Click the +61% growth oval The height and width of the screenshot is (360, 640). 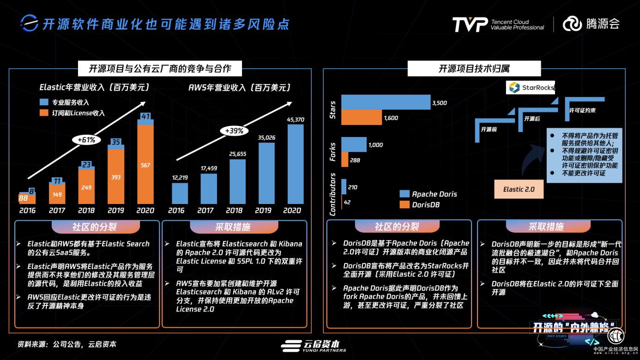pos(86,139)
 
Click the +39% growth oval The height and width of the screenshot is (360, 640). pos(234,131)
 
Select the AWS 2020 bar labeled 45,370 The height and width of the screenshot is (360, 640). pos(296,164)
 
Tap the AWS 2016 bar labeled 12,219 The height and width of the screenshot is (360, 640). pos(180,193)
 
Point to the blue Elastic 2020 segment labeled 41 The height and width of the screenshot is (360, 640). pos(145,117)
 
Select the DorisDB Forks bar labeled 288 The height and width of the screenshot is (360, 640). pos(344,160)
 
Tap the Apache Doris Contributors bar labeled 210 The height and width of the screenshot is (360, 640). pos(344,187)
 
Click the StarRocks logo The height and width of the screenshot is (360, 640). pos(531,88)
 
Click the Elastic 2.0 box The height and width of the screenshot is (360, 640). pos(519,189)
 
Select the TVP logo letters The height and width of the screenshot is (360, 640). pos(470,24)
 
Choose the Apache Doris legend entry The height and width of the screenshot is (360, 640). pos(428,194)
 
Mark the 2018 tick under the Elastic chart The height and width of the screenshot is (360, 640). pos(86,210)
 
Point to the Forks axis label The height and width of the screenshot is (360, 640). pos(332,152)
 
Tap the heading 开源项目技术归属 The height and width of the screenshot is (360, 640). pos(474,69)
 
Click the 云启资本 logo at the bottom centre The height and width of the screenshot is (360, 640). pos(314,346)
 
